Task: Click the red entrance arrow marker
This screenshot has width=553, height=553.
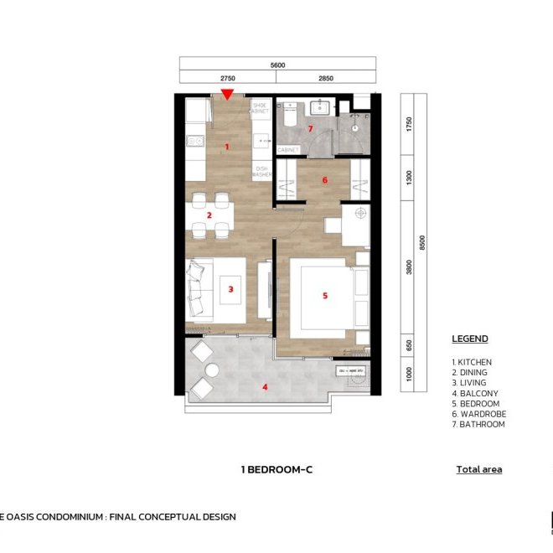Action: tap(227, 96)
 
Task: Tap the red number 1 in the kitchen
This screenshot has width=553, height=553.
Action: tap(226, 147)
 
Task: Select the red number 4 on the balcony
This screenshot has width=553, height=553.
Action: tap(266, 387)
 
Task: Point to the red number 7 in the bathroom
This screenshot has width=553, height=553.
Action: tap(310, 129)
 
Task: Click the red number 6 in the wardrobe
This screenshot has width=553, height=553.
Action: tap(324, 179)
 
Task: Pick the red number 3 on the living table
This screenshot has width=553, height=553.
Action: tap(230, 290)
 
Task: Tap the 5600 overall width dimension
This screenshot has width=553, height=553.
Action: tap(278, 65)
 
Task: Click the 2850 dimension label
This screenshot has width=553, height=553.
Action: tap(326, 78)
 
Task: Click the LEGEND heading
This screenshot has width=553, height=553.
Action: tap(470, 339)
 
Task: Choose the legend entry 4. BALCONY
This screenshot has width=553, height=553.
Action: tap(475, 393)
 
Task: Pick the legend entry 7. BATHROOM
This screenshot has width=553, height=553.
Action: tap(478, 424)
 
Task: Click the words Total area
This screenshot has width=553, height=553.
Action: tap(479, 469)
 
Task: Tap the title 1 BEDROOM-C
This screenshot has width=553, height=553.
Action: tap(276, 470)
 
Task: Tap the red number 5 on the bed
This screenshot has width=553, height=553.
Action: tap(325, 296)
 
